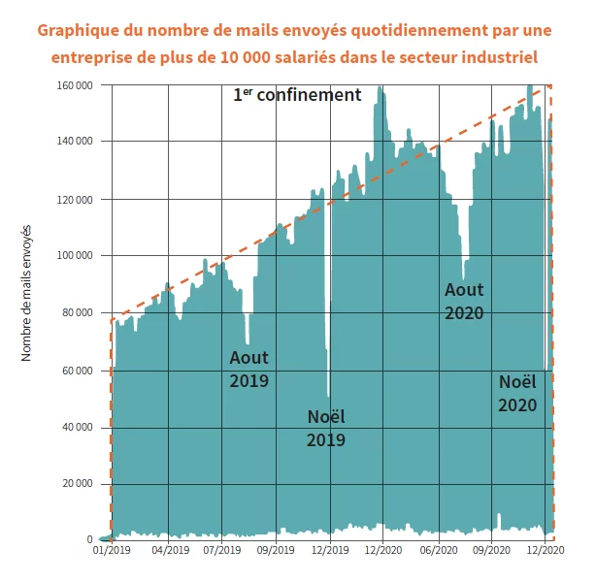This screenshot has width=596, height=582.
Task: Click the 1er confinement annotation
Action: [297, 96]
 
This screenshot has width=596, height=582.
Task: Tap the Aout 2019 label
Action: [249, 370]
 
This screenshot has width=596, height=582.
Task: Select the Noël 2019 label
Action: [326, 428]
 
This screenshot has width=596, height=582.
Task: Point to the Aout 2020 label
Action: [464, 301]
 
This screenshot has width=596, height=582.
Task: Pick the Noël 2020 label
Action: [517, 393]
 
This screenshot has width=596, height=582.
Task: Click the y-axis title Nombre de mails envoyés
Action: [26, 293]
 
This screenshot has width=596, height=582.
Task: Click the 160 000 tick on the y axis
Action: [75, 85]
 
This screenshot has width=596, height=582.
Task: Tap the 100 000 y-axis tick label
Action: [75, 256]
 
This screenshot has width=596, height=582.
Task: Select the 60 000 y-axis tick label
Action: [78, 371]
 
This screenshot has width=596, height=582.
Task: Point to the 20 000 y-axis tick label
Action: [78, 484]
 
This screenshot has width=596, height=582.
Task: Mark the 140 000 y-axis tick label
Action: [75, 142]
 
